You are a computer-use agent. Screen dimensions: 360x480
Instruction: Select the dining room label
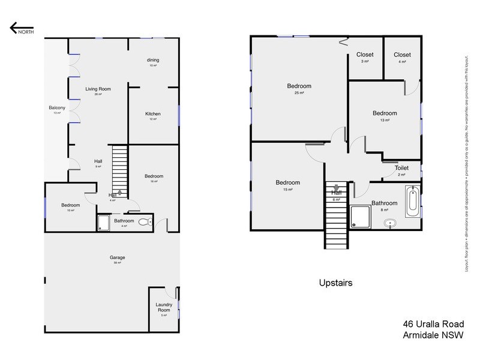point(152,60)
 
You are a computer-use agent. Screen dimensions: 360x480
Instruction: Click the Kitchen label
point(153,114)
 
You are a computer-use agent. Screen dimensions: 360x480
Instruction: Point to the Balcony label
point(57,108)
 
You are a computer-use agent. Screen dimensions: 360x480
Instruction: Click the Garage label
point(118,257)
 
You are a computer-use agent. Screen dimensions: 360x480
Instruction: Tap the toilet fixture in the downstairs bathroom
point(144,222)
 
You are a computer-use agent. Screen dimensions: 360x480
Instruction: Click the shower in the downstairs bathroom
point(103,223)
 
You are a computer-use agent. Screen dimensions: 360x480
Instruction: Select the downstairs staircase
point(121,169)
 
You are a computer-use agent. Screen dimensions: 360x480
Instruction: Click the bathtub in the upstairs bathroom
point(412,202)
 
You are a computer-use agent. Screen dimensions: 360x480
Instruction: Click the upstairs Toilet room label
point(401,169)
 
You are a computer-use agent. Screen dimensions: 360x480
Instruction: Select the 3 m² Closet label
point(365,55)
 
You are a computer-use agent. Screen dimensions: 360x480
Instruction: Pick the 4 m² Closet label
point(401,55)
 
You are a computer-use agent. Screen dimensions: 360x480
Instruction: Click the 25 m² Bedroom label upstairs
point(299,86)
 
